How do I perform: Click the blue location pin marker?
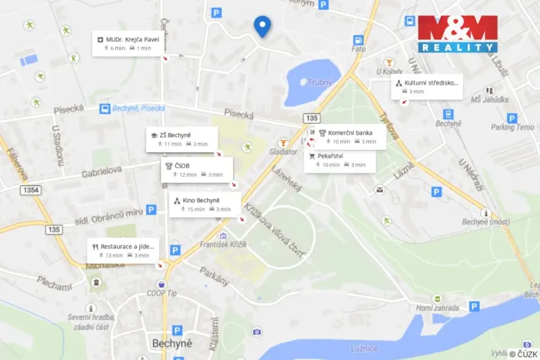click(262, 26)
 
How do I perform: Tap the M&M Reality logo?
click(458, 34)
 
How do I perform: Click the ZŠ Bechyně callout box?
click(182, 139)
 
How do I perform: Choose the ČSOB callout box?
click(192, 170)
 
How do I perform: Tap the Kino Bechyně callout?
click(202, 204)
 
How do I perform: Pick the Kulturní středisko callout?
click(428, 86)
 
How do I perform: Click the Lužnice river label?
click(365, 349)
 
